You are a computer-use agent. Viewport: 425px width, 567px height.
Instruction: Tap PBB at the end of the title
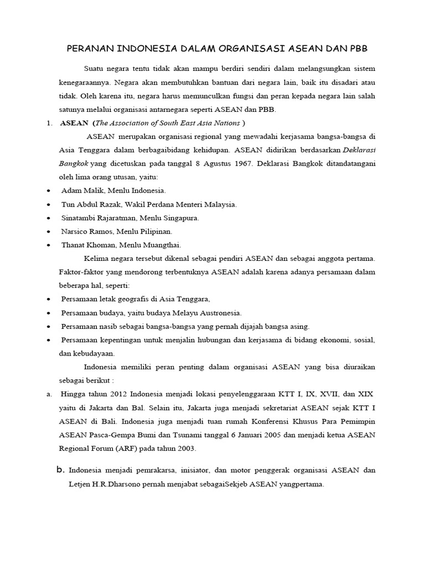tap(356, 49)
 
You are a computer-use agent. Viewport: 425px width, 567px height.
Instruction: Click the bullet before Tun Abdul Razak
tap(49, 204)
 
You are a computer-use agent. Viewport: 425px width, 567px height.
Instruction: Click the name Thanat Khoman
tap(87, 245)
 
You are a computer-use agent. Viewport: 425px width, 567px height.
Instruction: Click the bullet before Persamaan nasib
tap(49, 326)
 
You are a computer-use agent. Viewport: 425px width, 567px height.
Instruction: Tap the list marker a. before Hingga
tap(49, 394)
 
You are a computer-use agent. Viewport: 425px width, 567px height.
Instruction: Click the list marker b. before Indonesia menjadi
tap(61, 470)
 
